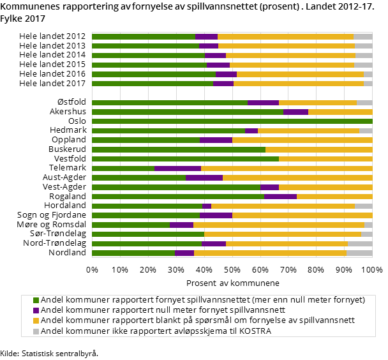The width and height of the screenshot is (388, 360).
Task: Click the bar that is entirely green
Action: tap(232, 121)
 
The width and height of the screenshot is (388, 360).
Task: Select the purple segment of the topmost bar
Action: tap(206, 37)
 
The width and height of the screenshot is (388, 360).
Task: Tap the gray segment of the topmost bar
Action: tap(362, 37)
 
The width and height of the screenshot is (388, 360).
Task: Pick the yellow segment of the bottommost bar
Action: tap(270, 253)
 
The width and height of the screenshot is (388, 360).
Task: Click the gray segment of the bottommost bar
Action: tap(359, 253)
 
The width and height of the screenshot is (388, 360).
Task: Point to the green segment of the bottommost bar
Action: tap(133, 253)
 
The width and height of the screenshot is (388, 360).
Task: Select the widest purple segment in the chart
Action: tap(177, 169)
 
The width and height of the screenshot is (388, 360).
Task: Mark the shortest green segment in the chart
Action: tap(123, 169)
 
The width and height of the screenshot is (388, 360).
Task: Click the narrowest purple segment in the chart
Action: tap(207, 206)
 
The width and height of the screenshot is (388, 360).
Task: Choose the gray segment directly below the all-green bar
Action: tap(366, 131)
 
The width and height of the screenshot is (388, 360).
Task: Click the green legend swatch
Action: tap(36, 300)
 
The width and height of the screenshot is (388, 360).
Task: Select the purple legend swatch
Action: tap(36, 310)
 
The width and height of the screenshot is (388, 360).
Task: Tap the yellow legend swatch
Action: tap(36, 320)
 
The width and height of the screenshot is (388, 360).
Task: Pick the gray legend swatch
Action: tap(36, 331)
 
